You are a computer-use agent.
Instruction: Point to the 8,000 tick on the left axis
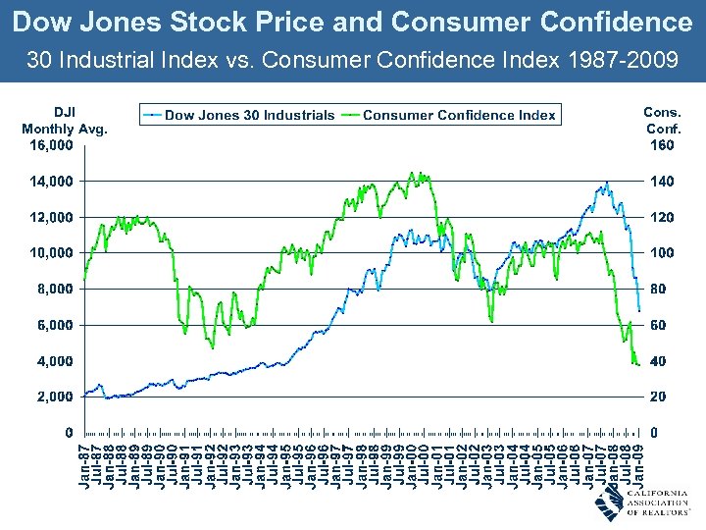coord(54,289)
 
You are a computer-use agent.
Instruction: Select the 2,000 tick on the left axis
coord(54,397)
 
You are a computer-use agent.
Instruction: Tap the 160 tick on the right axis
coord(664,145)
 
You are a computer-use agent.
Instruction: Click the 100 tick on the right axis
coord(664,253)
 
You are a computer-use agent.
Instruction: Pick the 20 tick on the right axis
coord(664,397)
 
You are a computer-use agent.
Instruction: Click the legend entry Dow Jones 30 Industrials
coord(249,116)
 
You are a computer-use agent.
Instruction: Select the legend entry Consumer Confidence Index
coord(459,116)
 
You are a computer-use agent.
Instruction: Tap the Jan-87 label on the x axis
coord(85,465)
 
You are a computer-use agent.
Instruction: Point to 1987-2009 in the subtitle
coord(622,61)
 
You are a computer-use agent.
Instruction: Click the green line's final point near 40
coord(639,365)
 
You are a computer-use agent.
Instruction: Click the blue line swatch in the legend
coord(152,116)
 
